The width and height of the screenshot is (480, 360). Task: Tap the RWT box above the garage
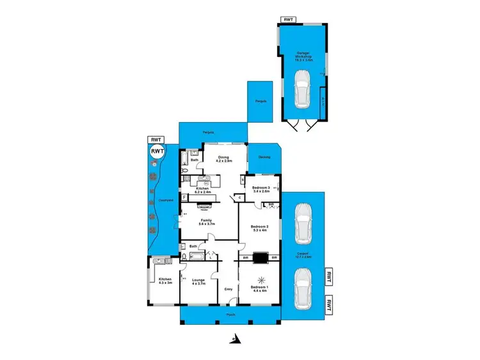(x=289, y=20)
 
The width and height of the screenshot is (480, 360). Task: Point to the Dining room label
(x=223, y=161)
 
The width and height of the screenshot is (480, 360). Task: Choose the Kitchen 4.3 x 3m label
(x=165, y=281)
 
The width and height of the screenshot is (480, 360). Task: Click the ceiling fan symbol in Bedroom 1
(x=260, y=279)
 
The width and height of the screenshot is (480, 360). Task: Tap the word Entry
(x=228, y=289)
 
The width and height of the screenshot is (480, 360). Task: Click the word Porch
(x=231, y=315)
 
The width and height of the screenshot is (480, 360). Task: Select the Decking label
(x=264, y=157)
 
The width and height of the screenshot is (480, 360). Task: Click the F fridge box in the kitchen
(x=184, y=198)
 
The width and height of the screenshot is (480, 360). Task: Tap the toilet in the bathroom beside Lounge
(x=184, y=257)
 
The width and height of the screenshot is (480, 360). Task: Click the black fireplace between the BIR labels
(x=260, y=258)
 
